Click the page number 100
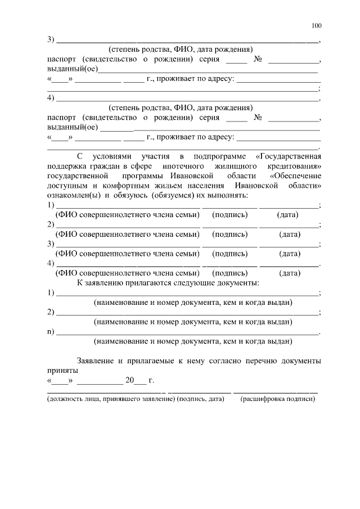click(316, 26)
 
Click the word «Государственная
click(288, 156)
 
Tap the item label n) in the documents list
click(50, 331)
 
